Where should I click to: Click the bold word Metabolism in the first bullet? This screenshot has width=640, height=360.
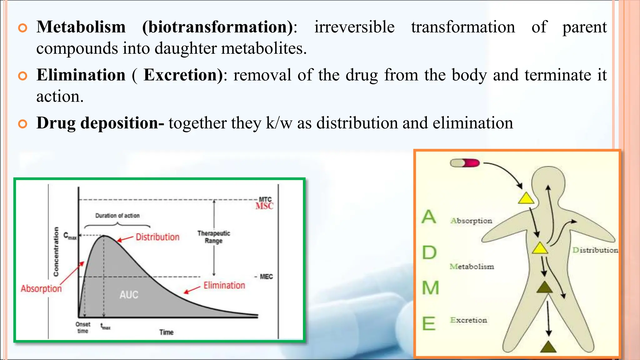(x=81, y=27)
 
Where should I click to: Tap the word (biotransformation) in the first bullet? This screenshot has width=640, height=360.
(x=217, y=27)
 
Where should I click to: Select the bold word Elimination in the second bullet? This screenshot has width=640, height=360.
(x=81, y=75)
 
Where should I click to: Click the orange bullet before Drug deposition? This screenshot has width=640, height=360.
(x=23, y=124)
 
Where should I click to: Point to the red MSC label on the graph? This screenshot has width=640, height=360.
(x=264, y=206)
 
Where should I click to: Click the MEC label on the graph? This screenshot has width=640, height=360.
(x=266, y=277)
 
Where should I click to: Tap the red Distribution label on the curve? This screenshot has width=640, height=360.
(x=157, y=237)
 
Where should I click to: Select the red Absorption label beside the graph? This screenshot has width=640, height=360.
(x=41, y=288)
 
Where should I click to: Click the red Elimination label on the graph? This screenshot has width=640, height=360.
(x=224, y=285)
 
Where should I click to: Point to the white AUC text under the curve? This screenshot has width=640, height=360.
(x=129, y=295)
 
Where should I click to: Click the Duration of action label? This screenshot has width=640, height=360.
(x=117, y=216)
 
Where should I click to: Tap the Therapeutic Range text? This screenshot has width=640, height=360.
(x=214, y=237)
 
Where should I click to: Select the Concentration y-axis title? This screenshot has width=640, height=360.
(x=56, y=252)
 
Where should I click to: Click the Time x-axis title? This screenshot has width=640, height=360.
(x=166, y=332)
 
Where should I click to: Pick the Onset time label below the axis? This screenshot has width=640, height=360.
(x=83, y=327)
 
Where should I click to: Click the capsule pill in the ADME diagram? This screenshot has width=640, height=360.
(x=465, y=163)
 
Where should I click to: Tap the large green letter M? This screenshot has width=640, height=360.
(x=430, y=287)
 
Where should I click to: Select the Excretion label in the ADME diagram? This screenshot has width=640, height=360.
(x=468, y=320)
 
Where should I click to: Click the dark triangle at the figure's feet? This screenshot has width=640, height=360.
(x=548, y=347)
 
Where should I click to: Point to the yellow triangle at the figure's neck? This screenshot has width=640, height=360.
(x=526, y=198)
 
